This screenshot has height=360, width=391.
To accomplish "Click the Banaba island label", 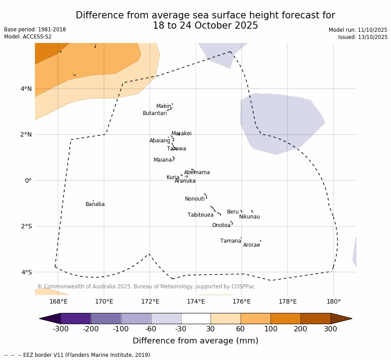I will click(x=95, y=204).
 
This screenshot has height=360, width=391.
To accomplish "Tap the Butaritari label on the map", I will click(x=155, y=113).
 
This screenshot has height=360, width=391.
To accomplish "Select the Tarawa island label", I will click(x=176, y=149).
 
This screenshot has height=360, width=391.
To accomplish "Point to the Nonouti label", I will click(x=195, y=199).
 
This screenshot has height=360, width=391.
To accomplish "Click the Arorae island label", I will click(x=251, y=245).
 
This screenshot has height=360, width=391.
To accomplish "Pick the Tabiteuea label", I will click(x=200, y=215).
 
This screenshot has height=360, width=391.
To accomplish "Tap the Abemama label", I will click(x=197, y=172).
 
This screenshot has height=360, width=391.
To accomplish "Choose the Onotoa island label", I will click(x=221, y=225).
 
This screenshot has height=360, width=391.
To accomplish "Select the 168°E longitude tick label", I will click(x=58, y=301).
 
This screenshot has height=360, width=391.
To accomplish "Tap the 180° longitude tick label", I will click(x=333, y=301).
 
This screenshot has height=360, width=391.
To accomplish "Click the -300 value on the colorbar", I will click(x=60, y=330).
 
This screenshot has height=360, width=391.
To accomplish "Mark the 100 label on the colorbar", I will click(x=271, y=330).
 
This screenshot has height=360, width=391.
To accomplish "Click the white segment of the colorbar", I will click(x=196, y=318).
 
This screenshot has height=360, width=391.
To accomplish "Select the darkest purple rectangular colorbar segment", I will click(x=76, y=318).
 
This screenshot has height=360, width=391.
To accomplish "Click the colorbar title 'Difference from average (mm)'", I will click(x=195, y=341).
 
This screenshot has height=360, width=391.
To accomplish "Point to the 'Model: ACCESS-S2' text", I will click(x=28, y=37).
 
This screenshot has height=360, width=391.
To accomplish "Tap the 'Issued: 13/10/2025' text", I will click(x=362, y=37).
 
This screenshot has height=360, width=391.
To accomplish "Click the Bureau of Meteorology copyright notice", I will click(x=146, y=287).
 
